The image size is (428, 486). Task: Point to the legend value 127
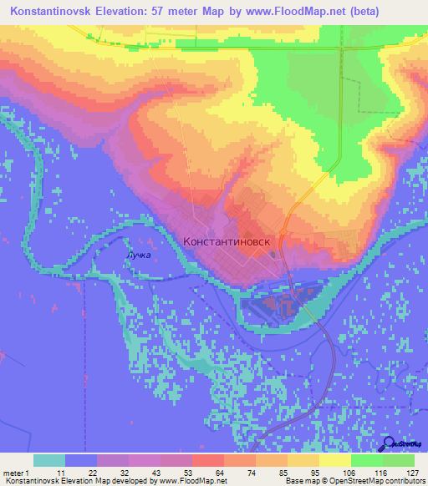[412, 473]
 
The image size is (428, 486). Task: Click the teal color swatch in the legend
[49, 460]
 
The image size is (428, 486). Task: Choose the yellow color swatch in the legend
[334, 460]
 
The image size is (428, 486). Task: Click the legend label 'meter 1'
[16, 473]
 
